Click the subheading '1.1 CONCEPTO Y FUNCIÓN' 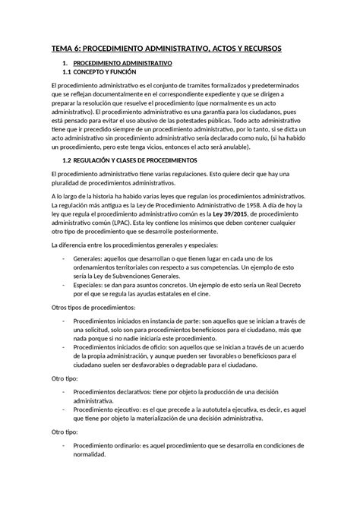(x=102, y=73)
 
